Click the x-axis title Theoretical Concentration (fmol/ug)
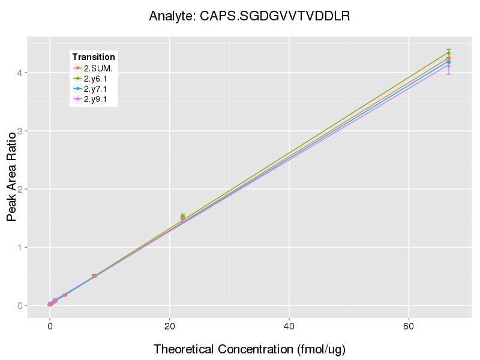249,349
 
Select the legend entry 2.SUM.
98,68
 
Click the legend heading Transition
94,57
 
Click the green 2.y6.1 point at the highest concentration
449,53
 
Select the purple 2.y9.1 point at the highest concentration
449,66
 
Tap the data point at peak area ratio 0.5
94,276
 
